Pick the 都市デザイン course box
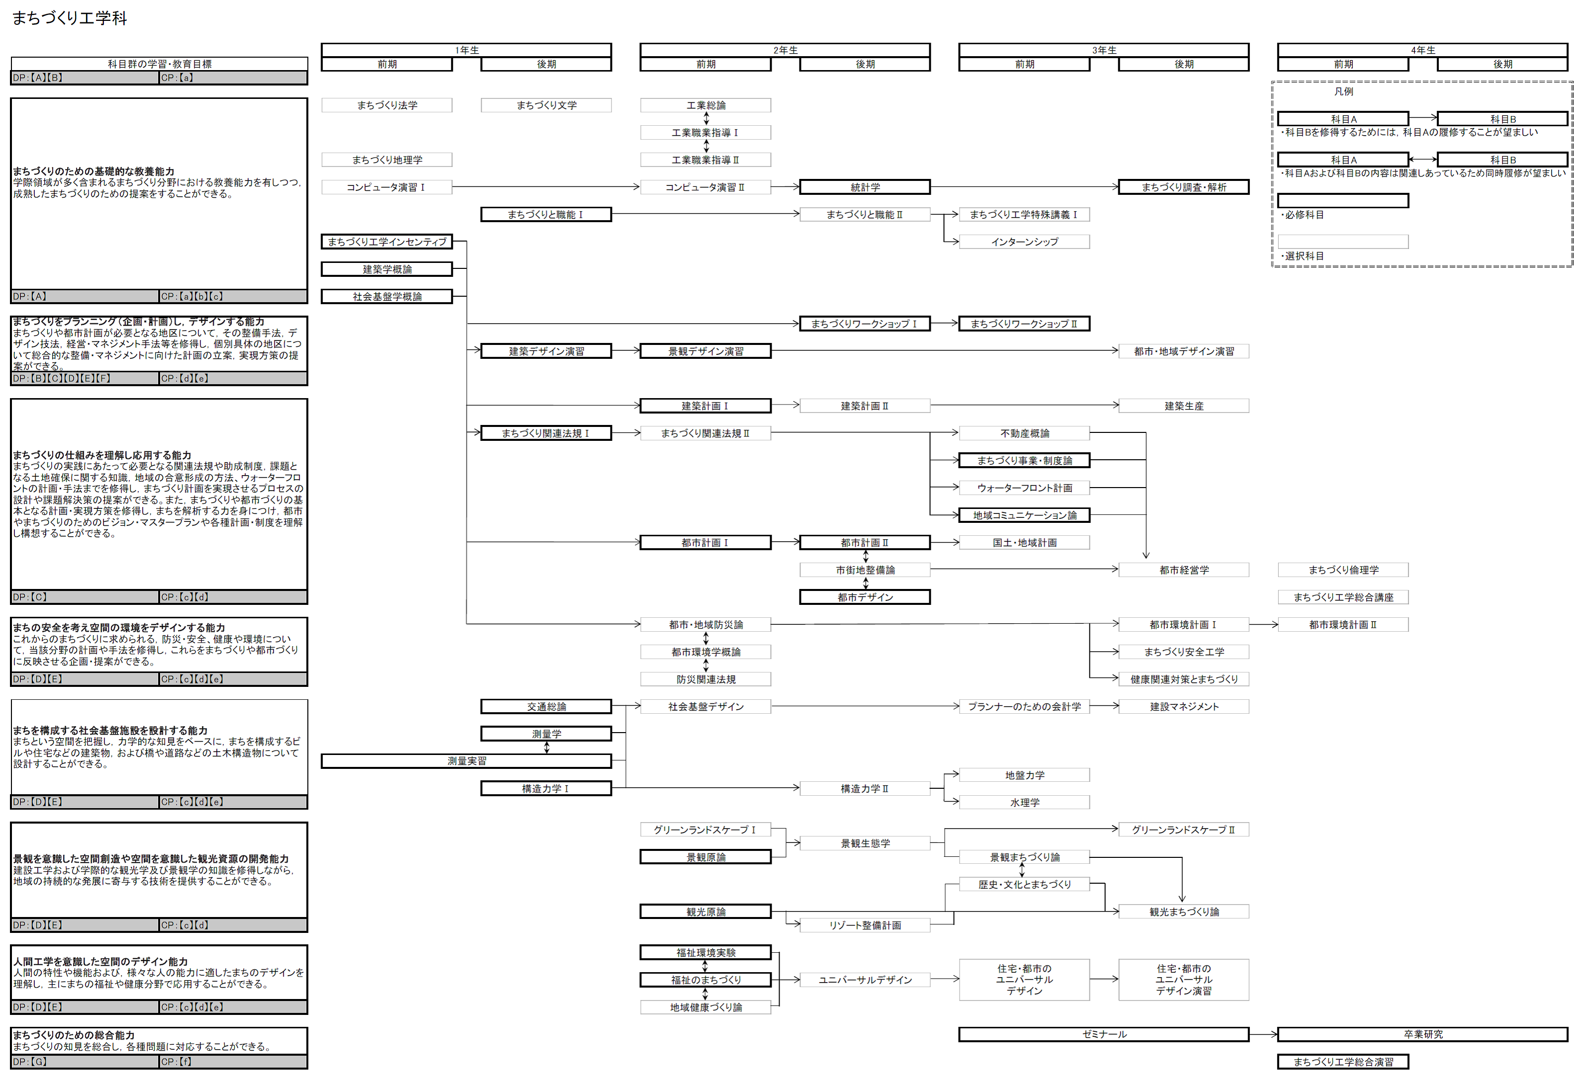point(865,597)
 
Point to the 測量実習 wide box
point(466,761)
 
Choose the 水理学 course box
point(1024,802)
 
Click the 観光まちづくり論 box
point(1183,912)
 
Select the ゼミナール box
point(1104,1034)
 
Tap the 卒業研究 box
point(1423,1034)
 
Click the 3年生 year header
point(1104,50)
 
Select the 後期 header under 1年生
point(546,64)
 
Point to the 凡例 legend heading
point(1343,91)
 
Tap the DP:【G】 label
point(29,1062)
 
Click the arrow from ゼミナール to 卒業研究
point(1263,1034)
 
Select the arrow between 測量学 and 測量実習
point(546,748)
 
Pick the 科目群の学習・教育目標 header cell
point(159,64)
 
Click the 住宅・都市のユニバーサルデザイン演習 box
point(1183,980)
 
